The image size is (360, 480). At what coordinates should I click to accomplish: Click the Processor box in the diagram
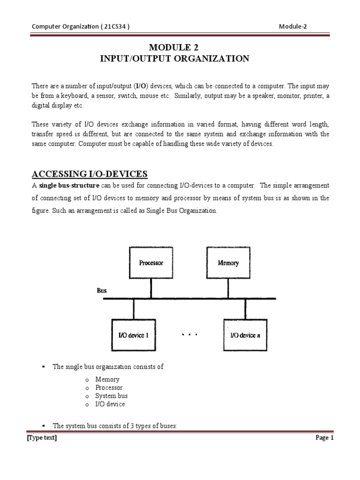(151, 263)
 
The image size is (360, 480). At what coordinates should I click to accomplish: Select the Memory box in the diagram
(228, 263)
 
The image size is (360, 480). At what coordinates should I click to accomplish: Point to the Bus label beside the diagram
(102, 291)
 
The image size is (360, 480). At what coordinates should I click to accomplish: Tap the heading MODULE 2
(174, 48)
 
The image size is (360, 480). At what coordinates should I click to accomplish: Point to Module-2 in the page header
(292, 26)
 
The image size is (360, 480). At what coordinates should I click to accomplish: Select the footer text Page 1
(324, 438)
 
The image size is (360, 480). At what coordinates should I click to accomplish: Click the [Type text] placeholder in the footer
(42, 438)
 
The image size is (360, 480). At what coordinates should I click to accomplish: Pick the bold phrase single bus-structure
(69, 186)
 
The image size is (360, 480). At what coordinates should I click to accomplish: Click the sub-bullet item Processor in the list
(109, 388)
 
